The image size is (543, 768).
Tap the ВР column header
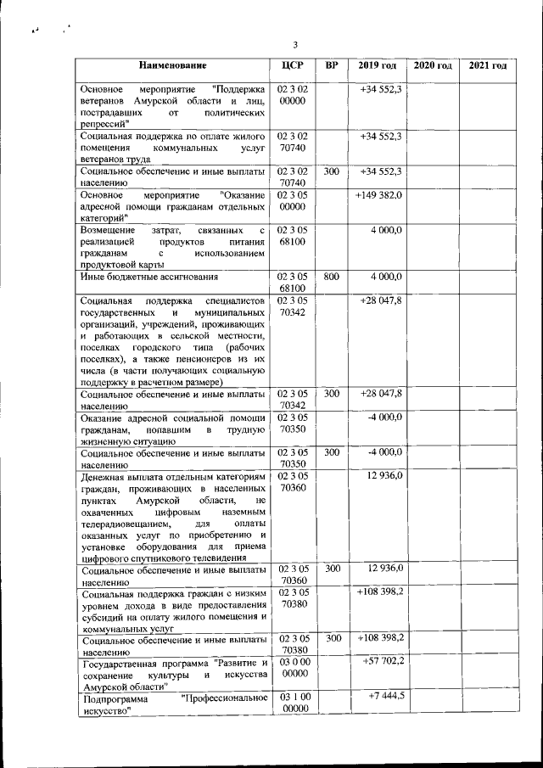point(332,66)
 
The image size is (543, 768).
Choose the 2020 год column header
point(433,66)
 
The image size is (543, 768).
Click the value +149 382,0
point(379,195)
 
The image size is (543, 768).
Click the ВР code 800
point(332,277)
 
